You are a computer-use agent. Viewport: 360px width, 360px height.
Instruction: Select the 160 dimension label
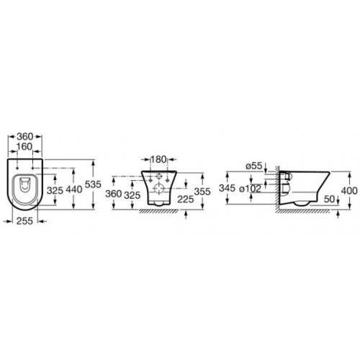24,146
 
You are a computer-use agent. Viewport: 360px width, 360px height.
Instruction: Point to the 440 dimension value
73,192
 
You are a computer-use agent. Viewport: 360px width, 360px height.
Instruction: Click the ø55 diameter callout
254,166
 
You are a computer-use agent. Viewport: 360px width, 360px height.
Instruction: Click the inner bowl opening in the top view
24,184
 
